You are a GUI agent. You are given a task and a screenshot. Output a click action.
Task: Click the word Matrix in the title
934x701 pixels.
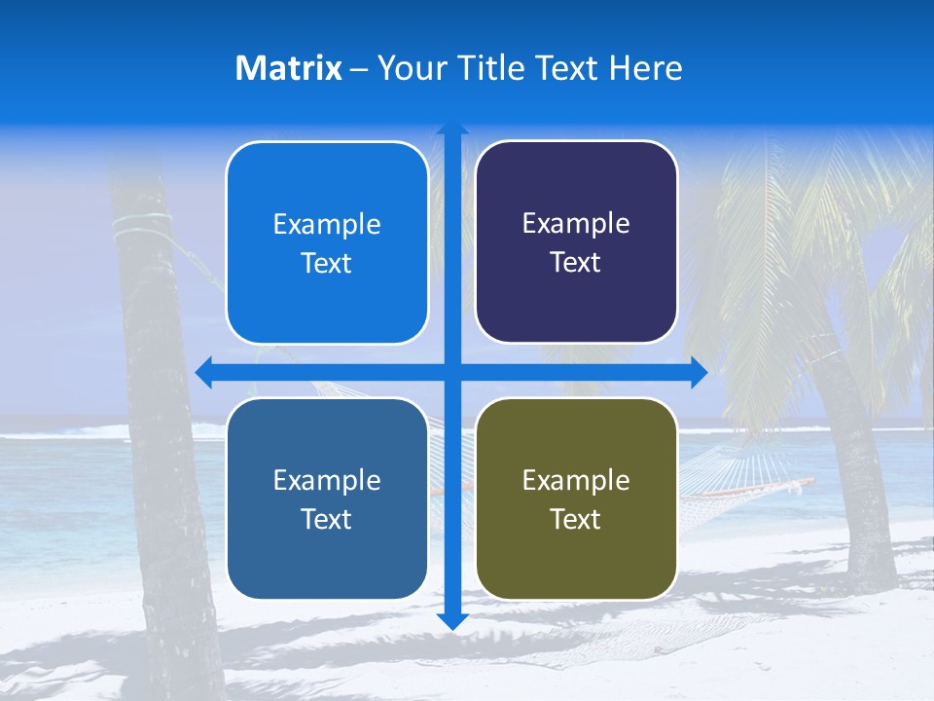[289, 68]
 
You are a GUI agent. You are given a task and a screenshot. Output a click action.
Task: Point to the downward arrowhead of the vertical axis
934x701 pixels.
[452, 620]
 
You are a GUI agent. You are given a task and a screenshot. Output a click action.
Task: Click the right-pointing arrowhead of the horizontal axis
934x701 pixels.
[699, 373]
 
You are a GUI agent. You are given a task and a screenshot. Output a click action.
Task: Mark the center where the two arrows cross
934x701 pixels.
[452, 373]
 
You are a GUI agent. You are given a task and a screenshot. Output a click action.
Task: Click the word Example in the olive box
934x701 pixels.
[576, 480]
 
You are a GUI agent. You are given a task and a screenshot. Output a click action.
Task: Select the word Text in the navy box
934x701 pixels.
[576, 263]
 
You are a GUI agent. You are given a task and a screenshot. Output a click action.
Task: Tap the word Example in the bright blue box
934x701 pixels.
[327, 225]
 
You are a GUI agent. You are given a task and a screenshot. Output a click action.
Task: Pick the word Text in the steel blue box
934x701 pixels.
[327, 519]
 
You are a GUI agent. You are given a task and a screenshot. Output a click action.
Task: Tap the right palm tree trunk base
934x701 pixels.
[871, 574]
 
